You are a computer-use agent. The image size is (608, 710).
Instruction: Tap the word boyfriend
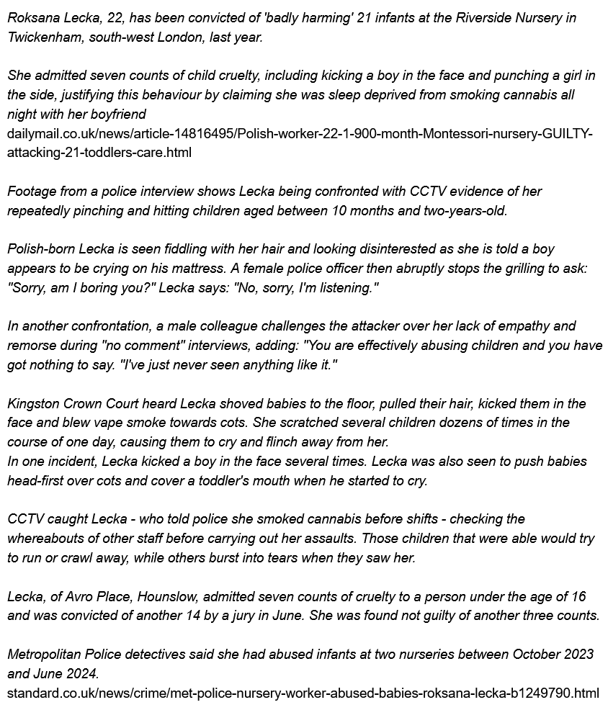click(118, 114)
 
